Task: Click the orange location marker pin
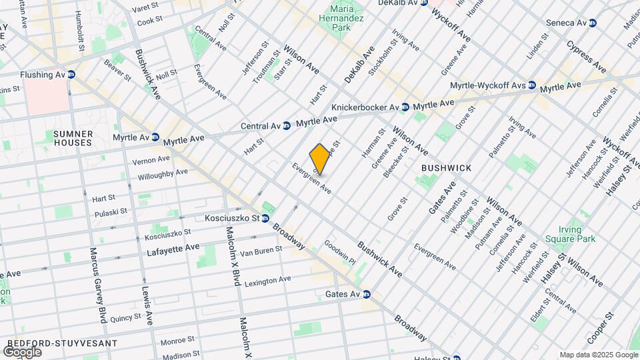320,159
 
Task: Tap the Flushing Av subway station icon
71,75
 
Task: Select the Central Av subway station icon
287,125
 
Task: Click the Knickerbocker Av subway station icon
405,107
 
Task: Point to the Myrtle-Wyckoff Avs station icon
532,85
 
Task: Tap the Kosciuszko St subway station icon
265,218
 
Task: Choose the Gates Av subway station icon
366,294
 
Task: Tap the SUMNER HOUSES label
73,138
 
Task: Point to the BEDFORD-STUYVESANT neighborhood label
61,343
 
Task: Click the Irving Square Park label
569,233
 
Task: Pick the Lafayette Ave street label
173,247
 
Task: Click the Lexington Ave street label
267,281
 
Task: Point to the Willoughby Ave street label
163,175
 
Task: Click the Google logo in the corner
21,351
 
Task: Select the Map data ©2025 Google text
598,355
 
